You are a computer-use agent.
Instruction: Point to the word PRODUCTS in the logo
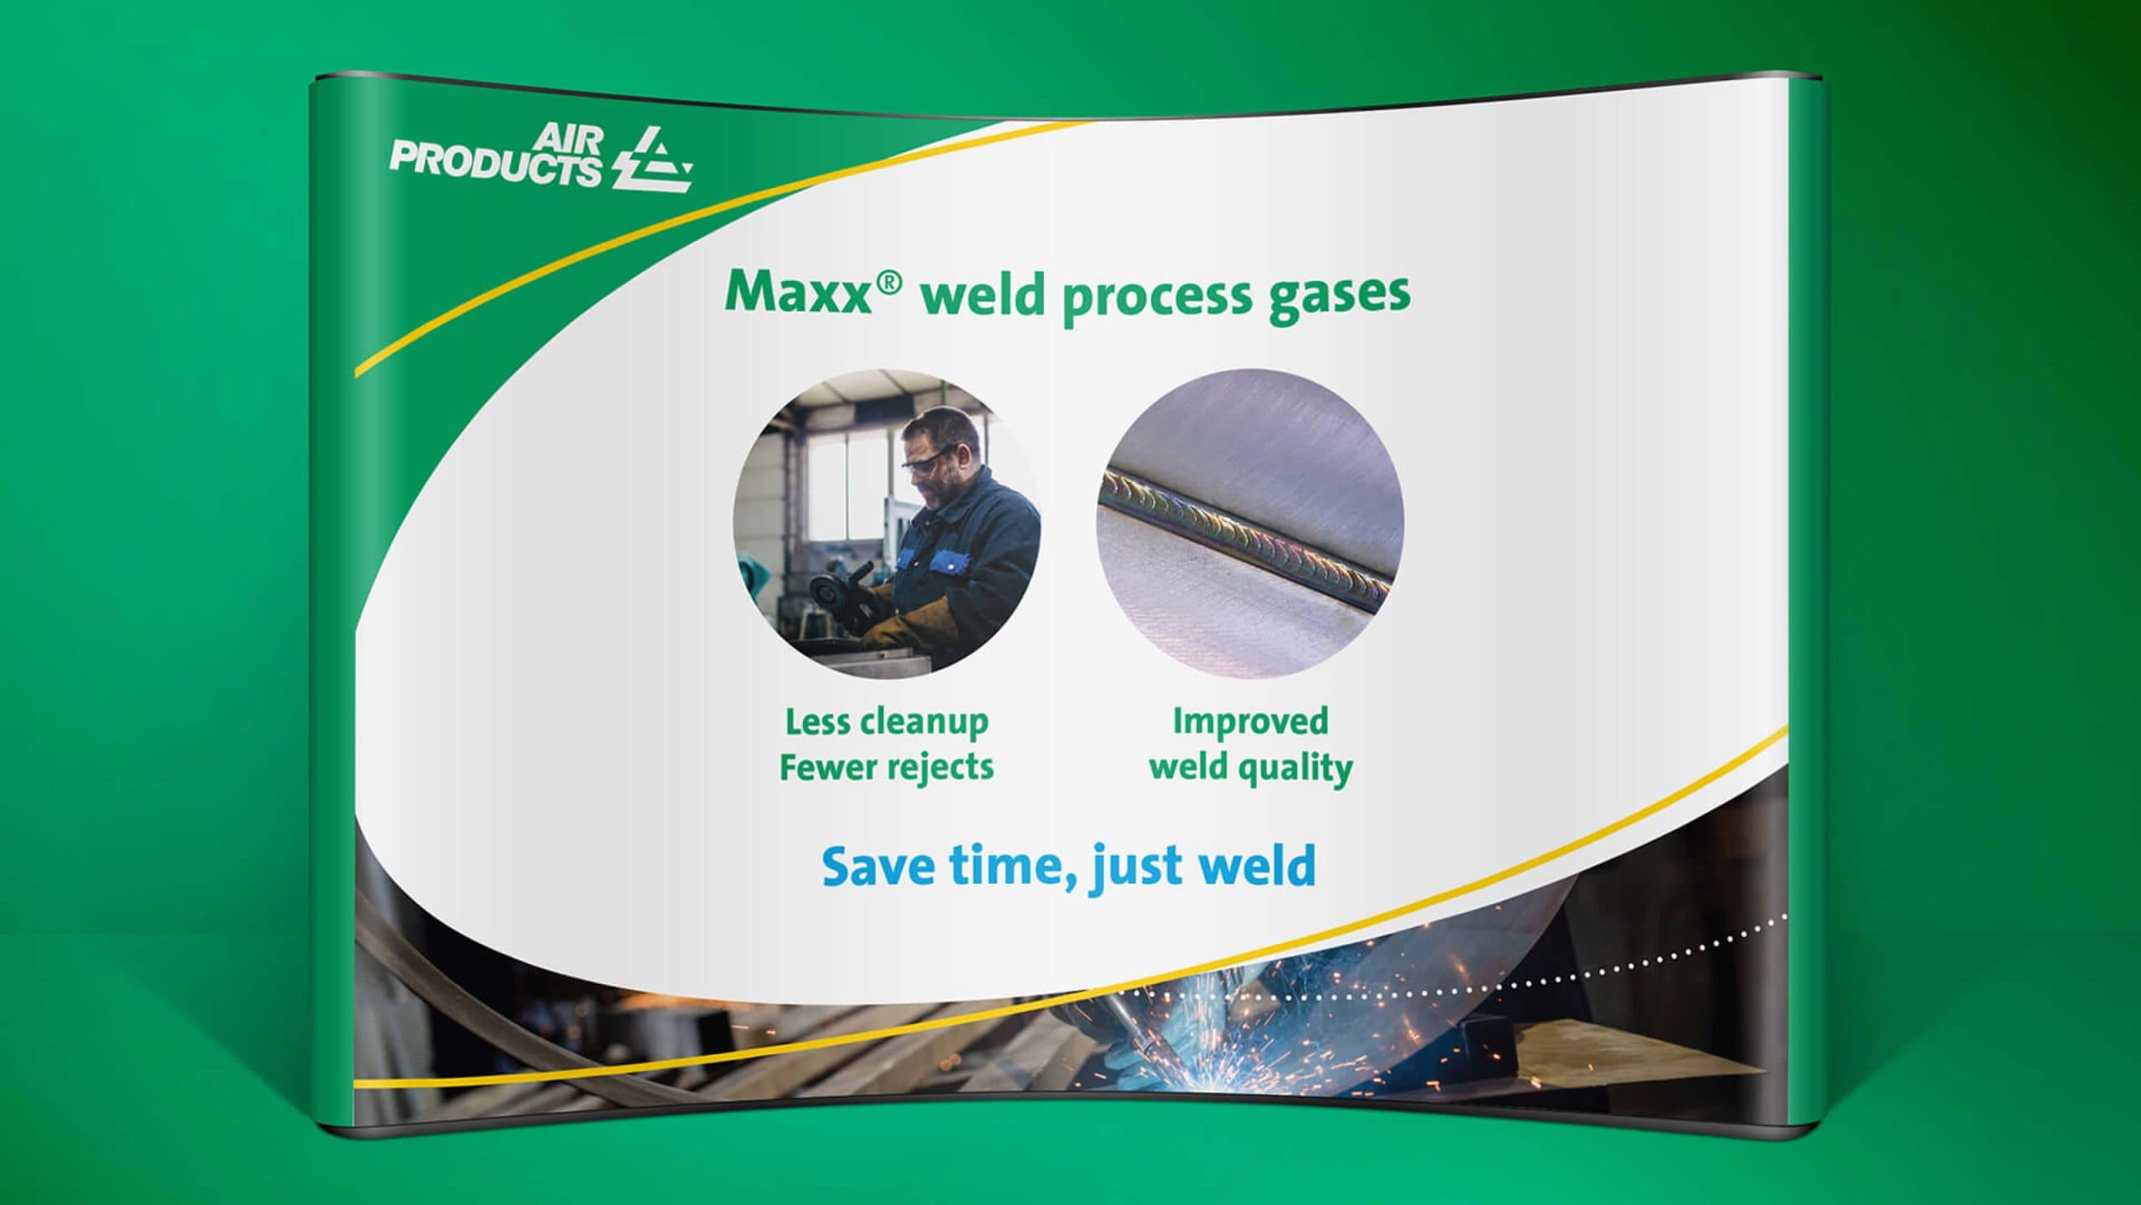click(496, 166)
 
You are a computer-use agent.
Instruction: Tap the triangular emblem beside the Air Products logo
click(651, 159)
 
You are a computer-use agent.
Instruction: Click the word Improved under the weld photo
click(1250, 722)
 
